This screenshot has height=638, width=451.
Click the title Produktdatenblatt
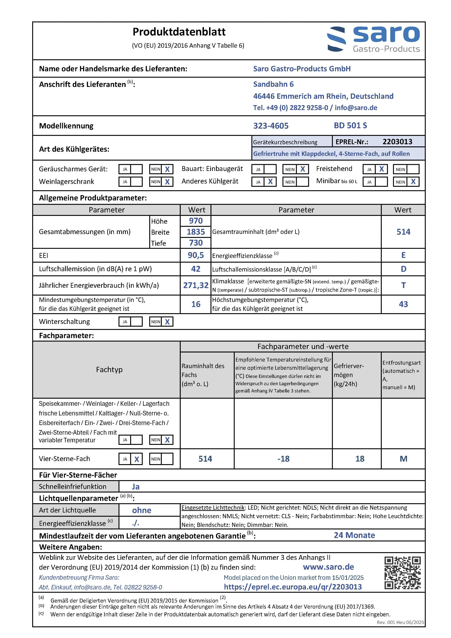click(x=179, y=32)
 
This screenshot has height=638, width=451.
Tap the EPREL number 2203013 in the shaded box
click(x=397, y=142)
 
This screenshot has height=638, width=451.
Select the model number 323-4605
click(x=271, y=126)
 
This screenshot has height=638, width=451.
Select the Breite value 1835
click(x=196, y=232)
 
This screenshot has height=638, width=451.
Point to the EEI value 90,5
click(x=196, y=255)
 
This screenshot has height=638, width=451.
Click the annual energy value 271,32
click(x=196, y=285)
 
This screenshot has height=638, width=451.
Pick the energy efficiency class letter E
click(x=403, y=255)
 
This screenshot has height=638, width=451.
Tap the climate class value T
click(x=403, y=285)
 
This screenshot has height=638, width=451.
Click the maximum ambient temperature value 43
click(x=403, y=304)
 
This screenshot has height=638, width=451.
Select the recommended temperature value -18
click(x=283, y=459)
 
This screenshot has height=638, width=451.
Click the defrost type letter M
click(x=403, y=459)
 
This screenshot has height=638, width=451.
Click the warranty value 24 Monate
click(x=354, y=535)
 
